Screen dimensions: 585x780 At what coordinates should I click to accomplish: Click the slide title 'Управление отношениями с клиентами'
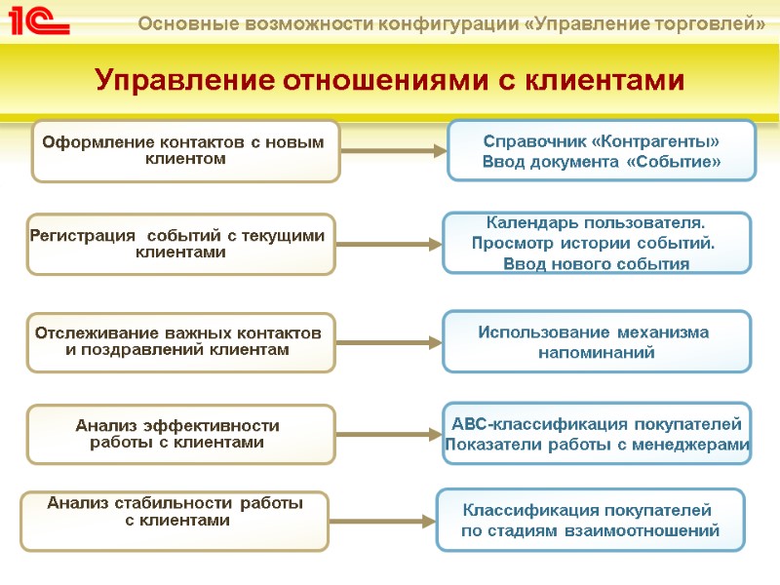click(390, 80)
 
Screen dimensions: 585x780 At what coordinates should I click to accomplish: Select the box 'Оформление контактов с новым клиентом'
click(185, 151)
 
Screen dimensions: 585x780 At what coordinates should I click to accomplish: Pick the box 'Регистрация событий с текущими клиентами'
click(181, 244)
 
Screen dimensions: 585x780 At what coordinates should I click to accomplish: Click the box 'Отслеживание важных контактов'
click(181, 342)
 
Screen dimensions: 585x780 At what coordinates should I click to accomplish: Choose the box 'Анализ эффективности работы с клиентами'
click(180, 434)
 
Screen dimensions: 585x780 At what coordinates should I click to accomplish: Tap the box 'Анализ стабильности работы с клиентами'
click(175, 521)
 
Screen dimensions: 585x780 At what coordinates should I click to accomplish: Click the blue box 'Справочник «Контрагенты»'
click(602, 150)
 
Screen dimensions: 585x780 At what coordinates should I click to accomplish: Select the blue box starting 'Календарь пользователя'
click(597, 243)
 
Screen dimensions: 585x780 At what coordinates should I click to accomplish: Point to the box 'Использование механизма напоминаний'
click(597, 341)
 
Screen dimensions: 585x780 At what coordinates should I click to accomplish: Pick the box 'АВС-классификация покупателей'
click(597, 433)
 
